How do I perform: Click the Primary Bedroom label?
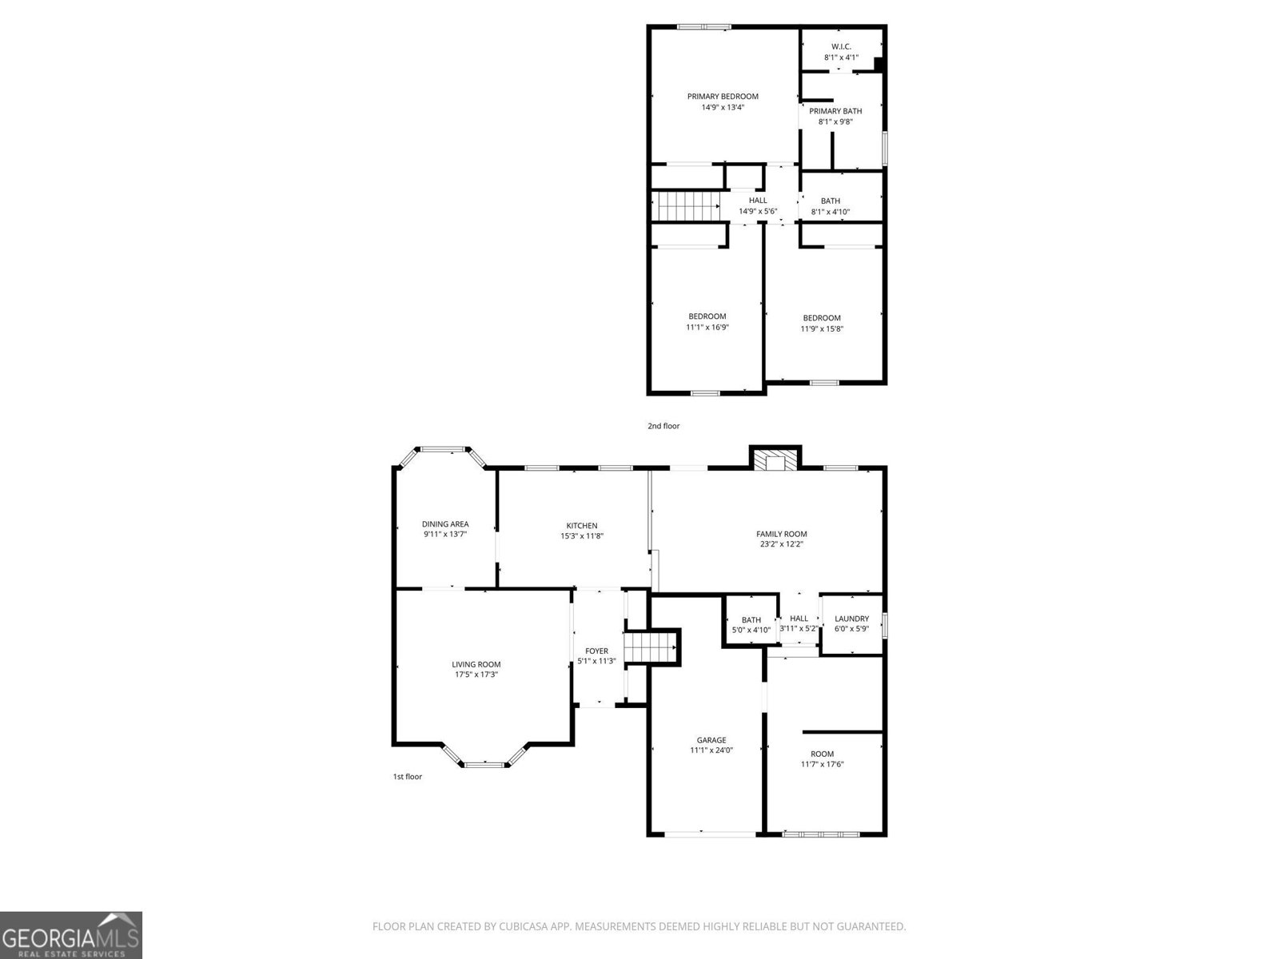pyautogui.click(x=723, y=97)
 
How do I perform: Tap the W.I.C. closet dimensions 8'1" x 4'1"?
pyautogui.click(x=841, y=58)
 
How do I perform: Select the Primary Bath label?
pyautogui.click(x=835, y=111)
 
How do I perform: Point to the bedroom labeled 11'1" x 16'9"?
pyautogui.click(x=707, y=322)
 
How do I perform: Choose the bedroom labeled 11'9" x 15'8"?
pyautogui.click(x=822, y=323)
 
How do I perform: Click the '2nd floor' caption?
pyautogui.click(x=663, y=426)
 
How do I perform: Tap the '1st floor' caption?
pyautogui.click(x=407, y=776)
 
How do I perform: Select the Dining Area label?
pyautogui.click(x=445, y=524)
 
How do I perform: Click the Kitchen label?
pyautogui.click(x=582, y=526)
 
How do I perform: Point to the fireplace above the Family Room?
pyautogui.click(x=775, y=462)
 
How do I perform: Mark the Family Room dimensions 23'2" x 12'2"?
pyautogui.click(x=781, y=544)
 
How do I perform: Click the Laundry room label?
pyautogui.click(x=851, y=619)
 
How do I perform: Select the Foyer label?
pyautogui.click(x=596, y=651)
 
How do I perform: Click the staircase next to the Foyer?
pyautogui.click(x=651, y=647)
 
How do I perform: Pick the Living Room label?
pyautogui.click(x=476, y=664)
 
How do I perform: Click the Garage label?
pyautogui.click(x=711, y=740)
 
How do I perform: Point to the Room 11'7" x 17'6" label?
pyautogui.click(x=822, y=754)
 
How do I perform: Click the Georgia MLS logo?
pyautogui.click(x=71, y=934)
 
